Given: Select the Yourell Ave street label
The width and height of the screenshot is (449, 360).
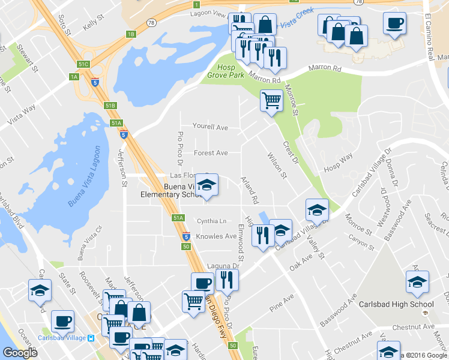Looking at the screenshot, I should click(x=210, y=128).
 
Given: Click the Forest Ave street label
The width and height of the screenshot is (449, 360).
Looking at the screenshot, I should click(x=211, y=153).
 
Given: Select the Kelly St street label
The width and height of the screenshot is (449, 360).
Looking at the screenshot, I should click(x=94, y=24).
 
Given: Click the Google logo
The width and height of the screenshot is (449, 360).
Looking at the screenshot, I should click(x=20, y=353).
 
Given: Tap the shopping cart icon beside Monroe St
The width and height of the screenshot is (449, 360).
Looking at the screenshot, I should click(x=271, y=100).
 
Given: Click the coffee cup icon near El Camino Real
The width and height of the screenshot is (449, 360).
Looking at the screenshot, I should click(x=394, y=23).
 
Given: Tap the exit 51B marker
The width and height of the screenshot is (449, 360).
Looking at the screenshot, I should click(x=110, y=106).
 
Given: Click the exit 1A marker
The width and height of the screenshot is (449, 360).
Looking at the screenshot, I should click(x=74, y=77).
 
